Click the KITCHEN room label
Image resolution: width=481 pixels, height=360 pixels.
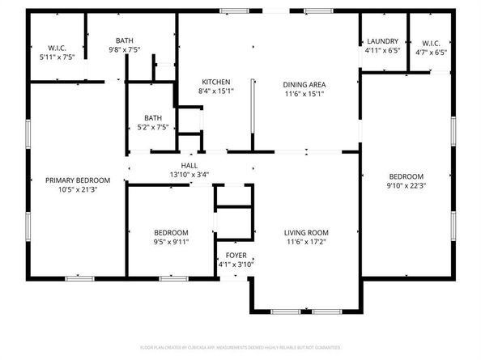click(x=216, y=83)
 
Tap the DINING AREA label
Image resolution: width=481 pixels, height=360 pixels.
click(x=304, y=84)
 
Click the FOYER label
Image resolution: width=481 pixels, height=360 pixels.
click(x=236, y=256)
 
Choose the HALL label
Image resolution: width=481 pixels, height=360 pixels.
click(x=189, y=164)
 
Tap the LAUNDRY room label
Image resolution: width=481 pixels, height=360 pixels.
click(x=382, y=41)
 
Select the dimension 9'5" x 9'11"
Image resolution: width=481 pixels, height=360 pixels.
click(x=171, y=241)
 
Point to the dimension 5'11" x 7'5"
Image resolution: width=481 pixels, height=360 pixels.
click(x=57, y=58)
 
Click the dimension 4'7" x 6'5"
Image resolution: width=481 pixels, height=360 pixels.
click(x=429, y=52)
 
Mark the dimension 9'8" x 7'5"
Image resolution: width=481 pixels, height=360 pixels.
click(x=124, y=49)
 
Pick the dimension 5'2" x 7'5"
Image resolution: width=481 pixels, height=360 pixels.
click(x=151, y=127)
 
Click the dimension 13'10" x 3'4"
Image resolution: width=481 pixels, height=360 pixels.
click(x=189, y=174)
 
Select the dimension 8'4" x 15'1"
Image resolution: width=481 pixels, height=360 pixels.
click(x=216, y=92)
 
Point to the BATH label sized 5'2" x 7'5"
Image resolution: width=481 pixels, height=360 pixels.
click(x=151, y=117)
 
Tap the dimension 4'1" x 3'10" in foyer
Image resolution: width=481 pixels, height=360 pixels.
click(x=236, y=265)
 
